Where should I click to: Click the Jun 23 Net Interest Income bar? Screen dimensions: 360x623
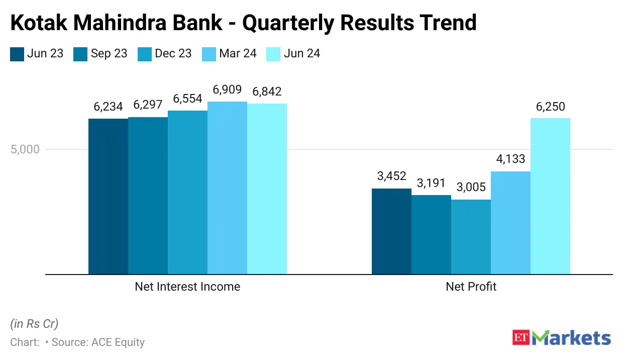(108, 197)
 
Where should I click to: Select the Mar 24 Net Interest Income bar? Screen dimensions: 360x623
(227, 188)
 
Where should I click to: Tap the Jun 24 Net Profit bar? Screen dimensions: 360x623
(550, 196)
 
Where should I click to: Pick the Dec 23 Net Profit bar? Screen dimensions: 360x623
(471, 237)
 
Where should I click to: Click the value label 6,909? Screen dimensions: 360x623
(227, 91)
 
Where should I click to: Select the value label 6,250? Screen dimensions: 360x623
(550, 107)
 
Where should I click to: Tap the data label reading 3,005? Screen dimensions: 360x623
(471, 188)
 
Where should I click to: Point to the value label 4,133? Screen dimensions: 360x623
(510, 160)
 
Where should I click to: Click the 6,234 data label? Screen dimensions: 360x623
(108, 107)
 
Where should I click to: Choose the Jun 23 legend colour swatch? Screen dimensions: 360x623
(17, 54)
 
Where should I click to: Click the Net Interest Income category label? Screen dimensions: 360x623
(187, 287)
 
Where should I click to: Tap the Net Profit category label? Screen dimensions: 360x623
(471, 287)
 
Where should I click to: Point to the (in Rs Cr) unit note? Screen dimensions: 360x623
(34, 323)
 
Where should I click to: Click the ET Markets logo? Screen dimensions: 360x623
(562, 338)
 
